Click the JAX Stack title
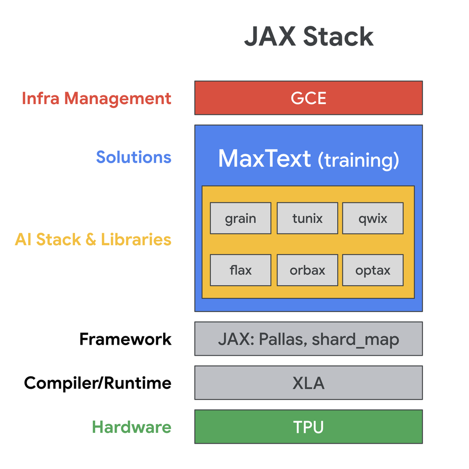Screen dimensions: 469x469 (309, 37)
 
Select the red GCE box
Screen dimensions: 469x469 (309, 98)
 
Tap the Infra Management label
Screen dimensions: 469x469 (97, 98)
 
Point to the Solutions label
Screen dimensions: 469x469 (134, 157)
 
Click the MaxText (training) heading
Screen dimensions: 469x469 (309, 159)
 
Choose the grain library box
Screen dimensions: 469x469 (241, 218)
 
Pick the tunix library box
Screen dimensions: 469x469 (307, 218)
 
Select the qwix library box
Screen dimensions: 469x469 (373, 218)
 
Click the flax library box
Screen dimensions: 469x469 (241, 270)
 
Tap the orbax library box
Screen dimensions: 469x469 (307, 270)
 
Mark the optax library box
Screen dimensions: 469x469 (373, 270)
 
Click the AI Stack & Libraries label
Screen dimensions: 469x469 (93, 240)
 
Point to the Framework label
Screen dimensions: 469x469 (125, 339)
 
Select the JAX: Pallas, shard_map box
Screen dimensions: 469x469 (309, 339)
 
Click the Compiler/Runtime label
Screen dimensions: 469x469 (98, 383)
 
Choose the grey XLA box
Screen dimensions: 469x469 (309, 383)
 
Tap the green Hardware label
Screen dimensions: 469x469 (131, 427)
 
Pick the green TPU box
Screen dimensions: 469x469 (309, 427)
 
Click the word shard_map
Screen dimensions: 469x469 (356, 339)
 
